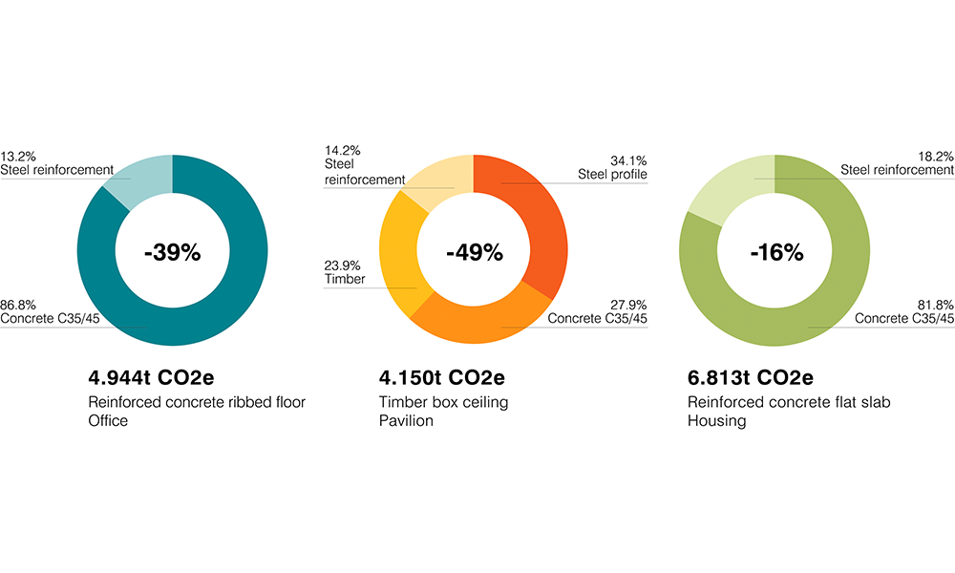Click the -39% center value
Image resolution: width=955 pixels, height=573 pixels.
tap(173, 252)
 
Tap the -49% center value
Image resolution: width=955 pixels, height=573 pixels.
tap(474, 252)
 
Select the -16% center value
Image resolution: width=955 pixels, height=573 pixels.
tap(775, 252)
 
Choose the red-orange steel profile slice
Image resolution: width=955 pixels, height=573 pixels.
tap(530, 210)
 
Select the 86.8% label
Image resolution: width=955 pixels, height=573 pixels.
tap(18, 304)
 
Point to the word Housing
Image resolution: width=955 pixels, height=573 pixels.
tap(716, 420)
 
